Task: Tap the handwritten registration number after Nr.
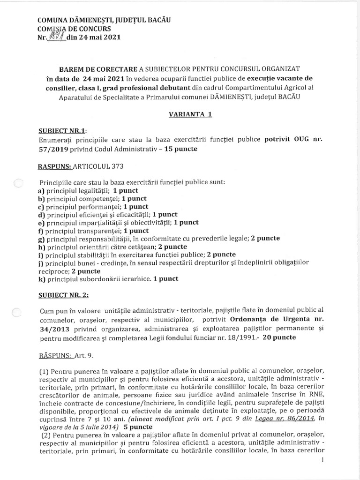click(x=57, y=37)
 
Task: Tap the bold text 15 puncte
click(x=178, y=149)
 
